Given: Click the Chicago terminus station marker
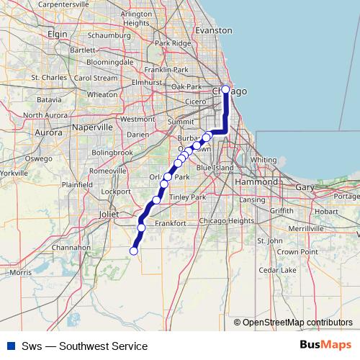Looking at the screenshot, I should click(225, 90).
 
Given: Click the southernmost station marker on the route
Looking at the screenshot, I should click(133, 251).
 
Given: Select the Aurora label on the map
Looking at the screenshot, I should click(49, 133).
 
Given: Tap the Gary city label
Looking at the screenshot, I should click(306, 187).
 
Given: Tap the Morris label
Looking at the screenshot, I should click(21, 273).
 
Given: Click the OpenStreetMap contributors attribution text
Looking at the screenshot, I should click(297, 322).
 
